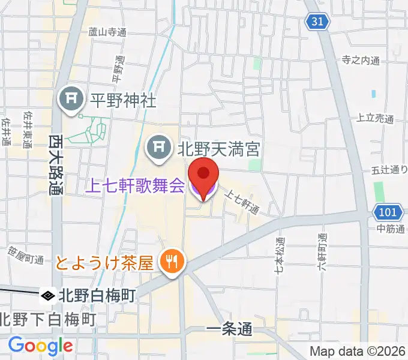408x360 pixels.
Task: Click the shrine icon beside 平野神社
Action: pyautogui.click(x=71, y=100)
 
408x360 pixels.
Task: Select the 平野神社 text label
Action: pyautogui.click(x=122, y=100)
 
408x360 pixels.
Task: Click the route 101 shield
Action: pyautogui.click(x=387, y=212)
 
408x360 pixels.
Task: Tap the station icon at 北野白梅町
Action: pyautogui.click(x=47, y=295)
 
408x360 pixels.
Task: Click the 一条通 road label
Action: pyautogui.click(x=229, y=329)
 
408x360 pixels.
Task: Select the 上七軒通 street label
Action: pyautogui.click(x=242, y=201)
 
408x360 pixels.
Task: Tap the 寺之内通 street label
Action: pyautogui.click(x=361, y=60)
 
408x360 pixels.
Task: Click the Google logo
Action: pyautogui.click(x=40, y=346)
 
